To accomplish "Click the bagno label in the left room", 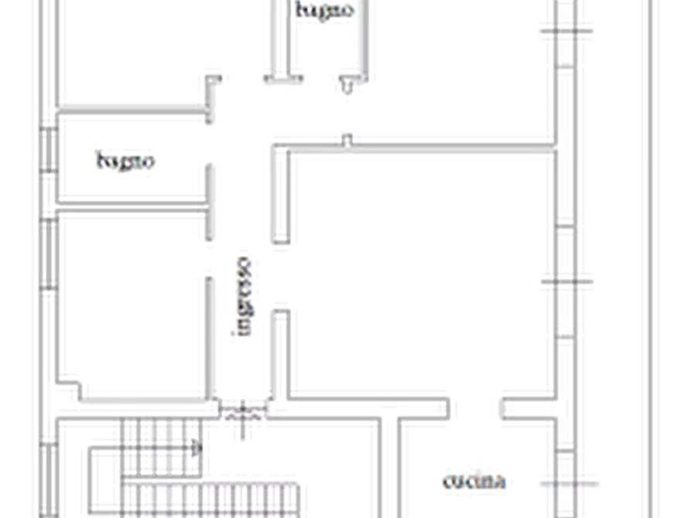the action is tap(125, 162).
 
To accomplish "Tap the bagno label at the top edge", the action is tap(325, 10).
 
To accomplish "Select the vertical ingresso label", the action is tap(243, 296).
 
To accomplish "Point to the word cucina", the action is tap(474, 481).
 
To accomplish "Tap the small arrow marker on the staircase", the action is tap(197, 449).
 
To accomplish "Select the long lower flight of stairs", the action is tap(210, 500).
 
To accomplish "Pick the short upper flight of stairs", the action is tap(161, 448).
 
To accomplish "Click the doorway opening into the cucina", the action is tap(474, 409).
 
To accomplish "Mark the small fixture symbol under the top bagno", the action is tap(347, 85).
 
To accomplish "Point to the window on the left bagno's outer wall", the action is tap(49, 149).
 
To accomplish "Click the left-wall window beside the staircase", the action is tap(49, 480).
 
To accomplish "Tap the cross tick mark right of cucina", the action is tap(569, 484).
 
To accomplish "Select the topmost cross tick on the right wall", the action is tap(566, 31).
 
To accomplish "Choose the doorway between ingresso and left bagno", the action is tap(210, 144).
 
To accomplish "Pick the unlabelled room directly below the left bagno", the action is tap(132, 304).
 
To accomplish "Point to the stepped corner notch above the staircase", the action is tap(70, 390).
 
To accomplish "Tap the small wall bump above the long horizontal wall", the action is tap(347, 140).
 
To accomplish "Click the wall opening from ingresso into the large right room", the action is tap(281, 277).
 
